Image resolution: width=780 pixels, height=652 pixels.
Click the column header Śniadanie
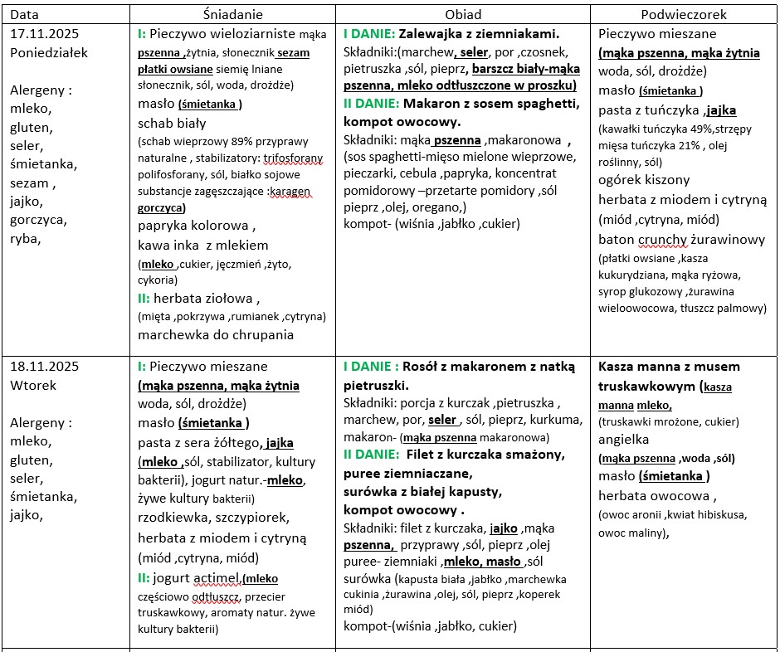232,14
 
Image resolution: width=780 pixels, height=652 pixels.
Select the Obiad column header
463,14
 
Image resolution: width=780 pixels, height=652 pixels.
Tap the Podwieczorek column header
684,14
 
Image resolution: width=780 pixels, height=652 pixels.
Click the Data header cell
24,14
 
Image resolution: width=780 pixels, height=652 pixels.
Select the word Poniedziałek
49,52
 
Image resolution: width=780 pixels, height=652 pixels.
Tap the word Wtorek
31,385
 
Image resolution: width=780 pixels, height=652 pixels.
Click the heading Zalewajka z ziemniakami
479,34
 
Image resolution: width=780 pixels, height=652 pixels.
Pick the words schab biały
172,122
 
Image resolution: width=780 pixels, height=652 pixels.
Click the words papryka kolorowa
195,226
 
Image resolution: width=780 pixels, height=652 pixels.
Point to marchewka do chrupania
204,335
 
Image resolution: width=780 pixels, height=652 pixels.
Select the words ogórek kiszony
644,179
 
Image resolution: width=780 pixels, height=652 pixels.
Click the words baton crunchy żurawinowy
681,239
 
